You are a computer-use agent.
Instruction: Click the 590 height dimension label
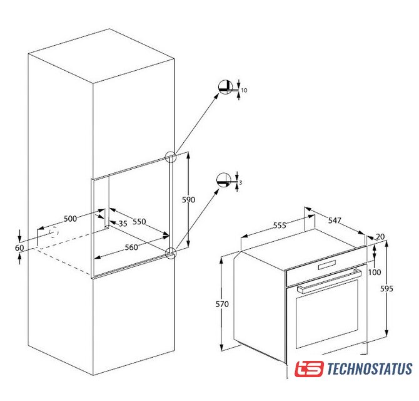coord(188,200)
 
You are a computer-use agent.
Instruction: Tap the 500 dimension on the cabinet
coord(70,219)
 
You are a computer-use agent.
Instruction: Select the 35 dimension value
coord(123,224)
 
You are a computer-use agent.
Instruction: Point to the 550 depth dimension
coord(139,221)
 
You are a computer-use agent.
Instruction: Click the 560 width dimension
coord(131,247)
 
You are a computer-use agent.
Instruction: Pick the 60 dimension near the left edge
coord(19,248)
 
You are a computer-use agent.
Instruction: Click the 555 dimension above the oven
coord(280,226)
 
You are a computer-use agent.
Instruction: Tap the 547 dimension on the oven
coord(335,220)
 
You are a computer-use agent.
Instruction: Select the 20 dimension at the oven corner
coord(380,237)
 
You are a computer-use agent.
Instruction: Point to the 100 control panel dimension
coord(375,272)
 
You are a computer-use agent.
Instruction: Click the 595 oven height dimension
coord(386,289)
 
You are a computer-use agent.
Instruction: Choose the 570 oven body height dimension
coord(222,304)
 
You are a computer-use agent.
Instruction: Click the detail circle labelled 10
coord(225,87)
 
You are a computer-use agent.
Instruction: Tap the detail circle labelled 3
coord(224,180)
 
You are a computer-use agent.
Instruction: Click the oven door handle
coord(329,281)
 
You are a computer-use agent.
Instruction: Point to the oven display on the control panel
coord(326,265)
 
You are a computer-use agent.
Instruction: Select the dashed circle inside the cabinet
coord(54,232)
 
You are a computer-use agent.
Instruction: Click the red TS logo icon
coord(309,368)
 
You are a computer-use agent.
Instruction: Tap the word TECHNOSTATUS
coord(370,368)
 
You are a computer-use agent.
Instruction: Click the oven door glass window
coord(327,314)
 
